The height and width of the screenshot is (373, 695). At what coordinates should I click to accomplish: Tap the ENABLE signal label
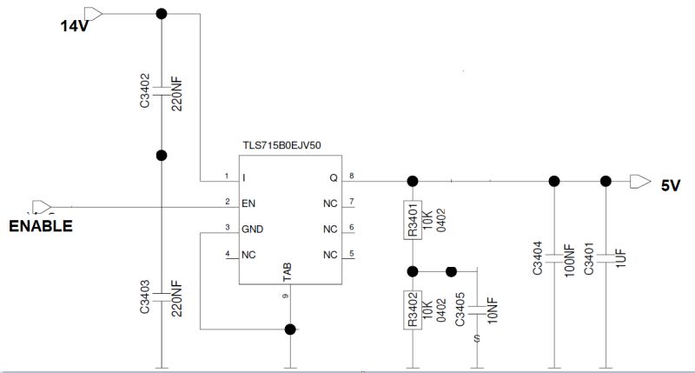[40, 226]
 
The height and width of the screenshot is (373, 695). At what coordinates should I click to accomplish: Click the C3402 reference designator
[145, 91]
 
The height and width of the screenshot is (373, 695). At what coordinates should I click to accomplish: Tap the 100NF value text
[570, 262]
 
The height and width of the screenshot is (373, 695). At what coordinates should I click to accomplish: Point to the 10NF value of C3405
[493, 309]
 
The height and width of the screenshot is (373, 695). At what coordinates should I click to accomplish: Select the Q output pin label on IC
[333, 178]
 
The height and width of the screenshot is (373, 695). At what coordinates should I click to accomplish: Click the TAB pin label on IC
[288, 271]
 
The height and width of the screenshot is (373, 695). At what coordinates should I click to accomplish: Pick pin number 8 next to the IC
[352, 176]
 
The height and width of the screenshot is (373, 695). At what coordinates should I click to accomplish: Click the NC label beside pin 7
[329, 203]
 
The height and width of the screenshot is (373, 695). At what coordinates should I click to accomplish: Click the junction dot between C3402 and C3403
[161, 156]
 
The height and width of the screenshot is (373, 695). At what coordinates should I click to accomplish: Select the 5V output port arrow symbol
[639, 181]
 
